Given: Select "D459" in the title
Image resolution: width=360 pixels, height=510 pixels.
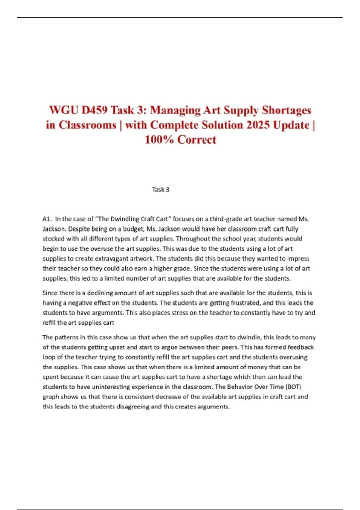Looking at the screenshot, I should [94, 110].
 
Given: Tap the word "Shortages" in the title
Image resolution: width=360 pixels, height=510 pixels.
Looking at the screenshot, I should [286, 110].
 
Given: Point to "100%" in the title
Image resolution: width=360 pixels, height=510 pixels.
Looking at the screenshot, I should [159, 139].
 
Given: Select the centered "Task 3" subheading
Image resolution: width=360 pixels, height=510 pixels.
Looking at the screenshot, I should [161, 190].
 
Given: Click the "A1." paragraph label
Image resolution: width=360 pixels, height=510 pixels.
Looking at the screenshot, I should [47, 219].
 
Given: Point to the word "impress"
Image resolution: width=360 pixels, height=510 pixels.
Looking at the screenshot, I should [298, 259].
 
